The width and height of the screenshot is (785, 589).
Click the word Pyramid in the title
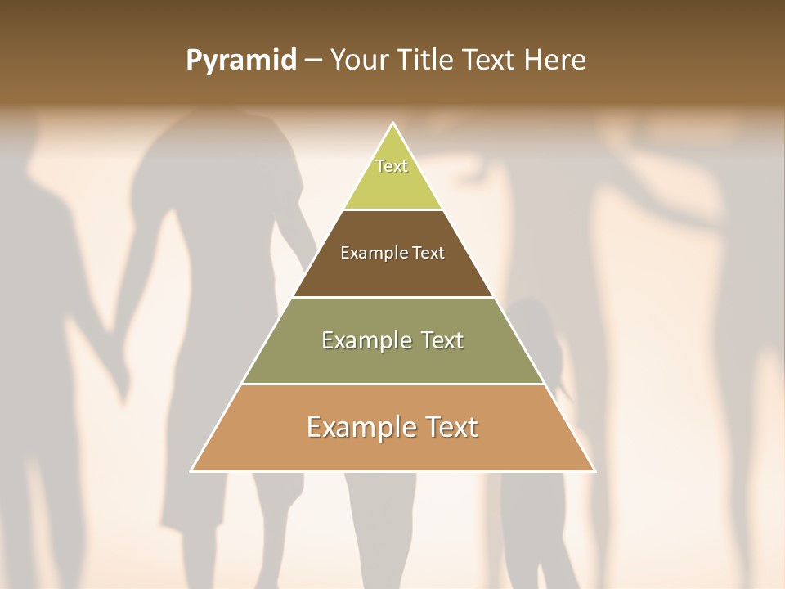pyautogui.click(x=241, y=61)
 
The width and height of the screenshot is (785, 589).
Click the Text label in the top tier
pyautogui.click(x=392, y=166)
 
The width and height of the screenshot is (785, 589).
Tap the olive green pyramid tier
pyautogui.click(x=392, y=360)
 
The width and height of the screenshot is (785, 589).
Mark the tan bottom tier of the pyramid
pyautogui.click(x=392, y=450)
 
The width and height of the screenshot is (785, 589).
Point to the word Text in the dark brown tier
pyautogui.click(x=429, y=253)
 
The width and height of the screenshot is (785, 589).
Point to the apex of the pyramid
pyautogui.click(x=392, y=124)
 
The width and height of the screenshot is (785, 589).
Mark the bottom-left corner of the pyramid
pyautogui.click(x=192, y=470)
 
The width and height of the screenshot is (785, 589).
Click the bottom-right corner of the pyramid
pyautogui.click(x=594, y=470)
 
